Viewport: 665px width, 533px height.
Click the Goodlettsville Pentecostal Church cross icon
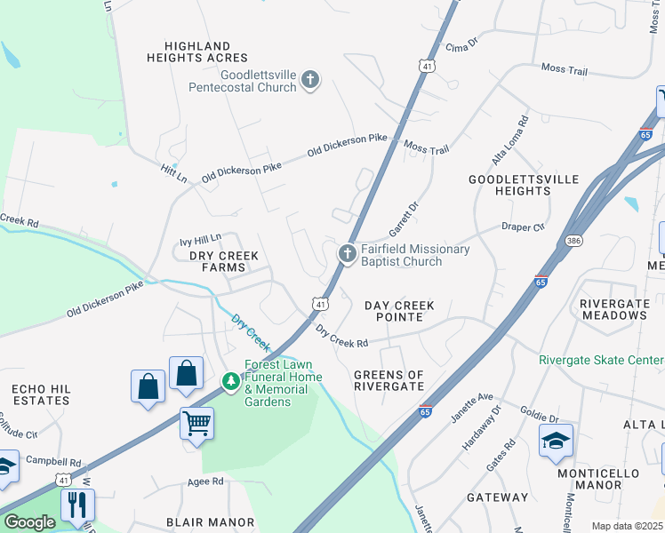pyautogui.click(x=310, y=81)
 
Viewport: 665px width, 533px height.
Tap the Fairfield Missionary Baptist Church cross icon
pyautogui.click(x=347, y=254)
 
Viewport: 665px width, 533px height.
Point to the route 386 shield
pyautogui.click(x=573, y=241)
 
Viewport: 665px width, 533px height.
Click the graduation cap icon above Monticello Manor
pyautogui.click(x=556, y=440)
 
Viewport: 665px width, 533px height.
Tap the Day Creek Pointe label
pyautogui.click(x=400, y=312)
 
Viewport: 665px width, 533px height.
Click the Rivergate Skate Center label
pyautogui.click(x=601, y=360)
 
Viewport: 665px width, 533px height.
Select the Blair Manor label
pyautogui.click(x=211, y=522)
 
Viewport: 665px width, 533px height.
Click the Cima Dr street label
pyautogui.click(x=462, y=46)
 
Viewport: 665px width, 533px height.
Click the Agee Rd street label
pyautogui.click(x=205, y=481)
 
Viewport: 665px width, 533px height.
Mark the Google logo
pyautogui.click(x=29, y=522)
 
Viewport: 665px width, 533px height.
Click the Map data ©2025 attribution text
pyautogui.click(x=627, y=526)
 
